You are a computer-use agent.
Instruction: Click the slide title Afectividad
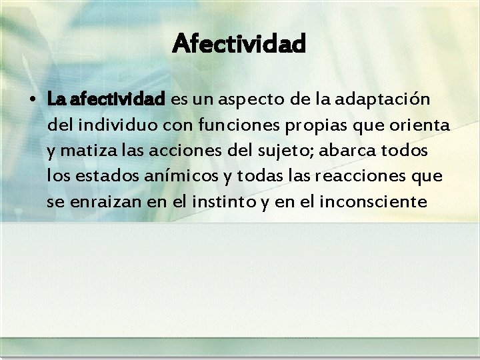239,44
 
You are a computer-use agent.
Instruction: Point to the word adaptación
386,100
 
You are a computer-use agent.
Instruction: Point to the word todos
407,151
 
